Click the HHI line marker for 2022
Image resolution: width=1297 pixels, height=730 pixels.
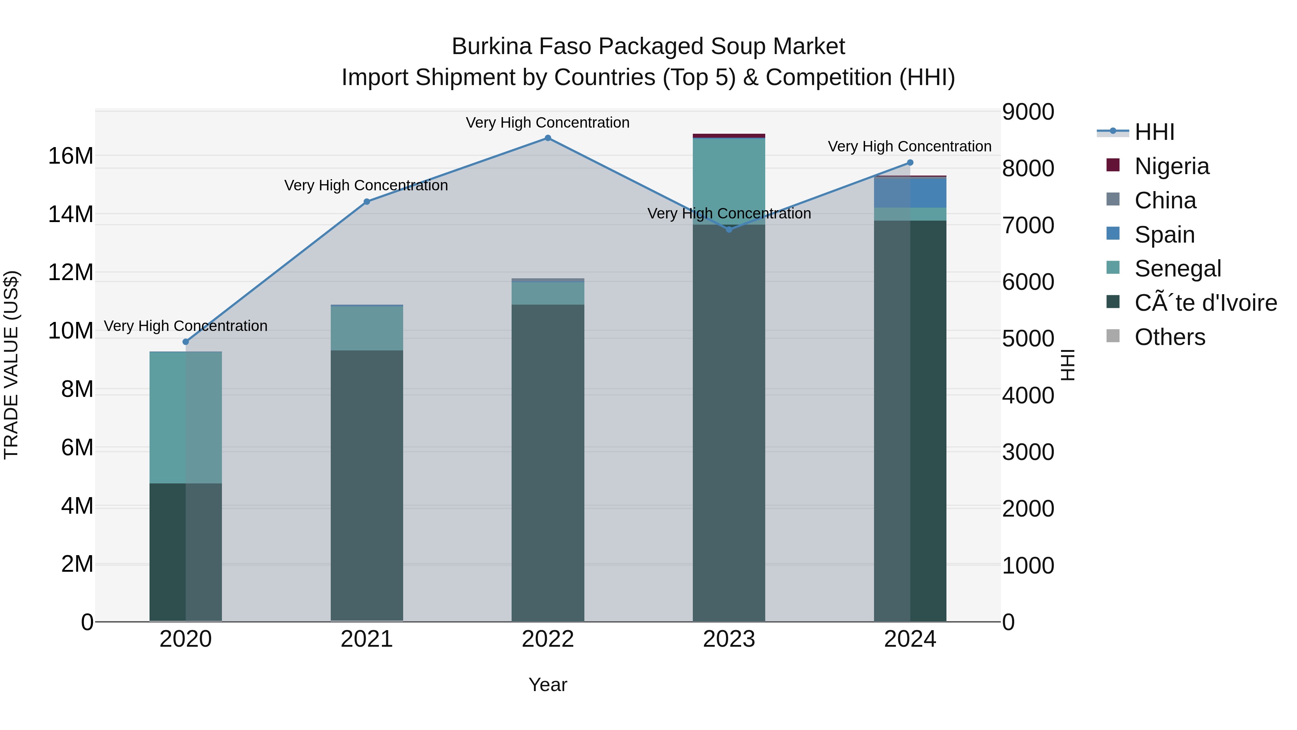548,138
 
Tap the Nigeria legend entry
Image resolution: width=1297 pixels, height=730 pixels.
1171,166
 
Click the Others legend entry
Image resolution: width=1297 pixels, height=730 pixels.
1169,337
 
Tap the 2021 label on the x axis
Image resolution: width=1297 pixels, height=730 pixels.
366,639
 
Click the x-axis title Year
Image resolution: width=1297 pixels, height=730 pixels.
548,685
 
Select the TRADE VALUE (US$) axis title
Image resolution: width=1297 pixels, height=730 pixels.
11,365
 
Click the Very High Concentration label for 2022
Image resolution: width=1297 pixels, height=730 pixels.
547,123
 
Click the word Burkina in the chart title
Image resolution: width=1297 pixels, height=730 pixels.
491,47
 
